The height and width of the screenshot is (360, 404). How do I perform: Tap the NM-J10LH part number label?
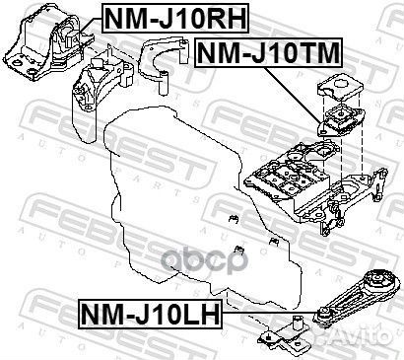[144, 316]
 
